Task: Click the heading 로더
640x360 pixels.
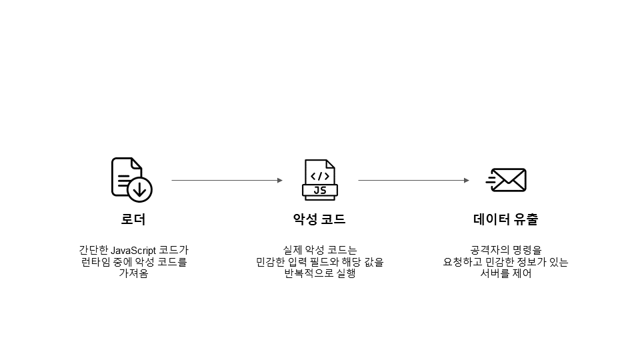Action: tap(133, 219)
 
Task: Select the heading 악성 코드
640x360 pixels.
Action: tap(319, 219)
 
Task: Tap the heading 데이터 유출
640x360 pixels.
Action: tap(506, 219)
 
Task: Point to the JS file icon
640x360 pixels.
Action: tap(320, 179)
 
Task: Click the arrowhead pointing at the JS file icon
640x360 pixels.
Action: tap(280, 180)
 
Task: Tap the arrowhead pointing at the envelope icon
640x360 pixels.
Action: tap(467, 180)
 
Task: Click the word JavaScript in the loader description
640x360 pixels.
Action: tap(133, 251)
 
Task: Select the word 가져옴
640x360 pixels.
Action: tap(133, 273)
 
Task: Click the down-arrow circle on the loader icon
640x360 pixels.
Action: tap(139, 189)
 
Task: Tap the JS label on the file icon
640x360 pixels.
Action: tap(320, 191)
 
